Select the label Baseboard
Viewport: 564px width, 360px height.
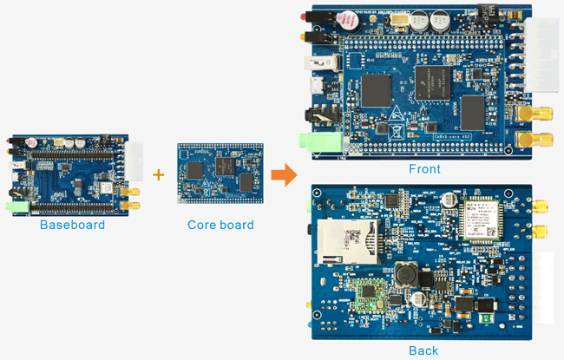pyautogui.click(x=72, y=225)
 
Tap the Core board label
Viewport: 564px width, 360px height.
pyautogui.click(x=220, y=225)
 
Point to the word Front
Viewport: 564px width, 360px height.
pyautogui.click(x=424, y=169)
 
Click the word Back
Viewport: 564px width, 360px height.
pyautogui.click(x=423, y=350)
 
